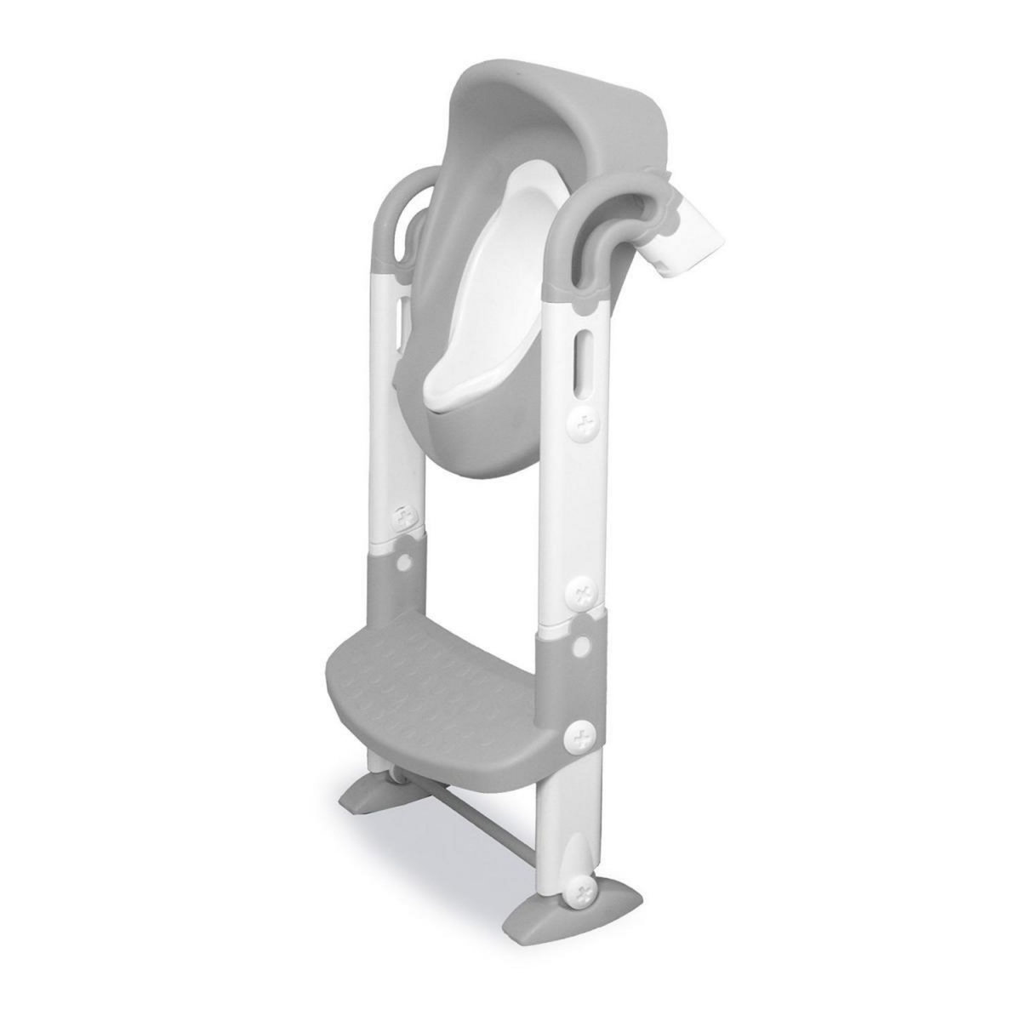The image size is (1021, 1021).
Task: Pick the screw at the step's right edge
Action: [581, 733]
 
